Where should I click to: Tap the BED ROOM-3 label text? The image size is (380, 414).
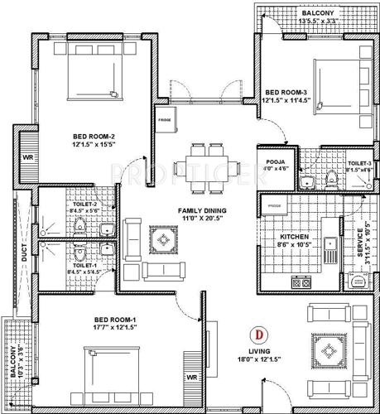(288, 92)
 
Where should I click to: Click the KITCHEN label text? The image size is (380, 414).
(295, 236)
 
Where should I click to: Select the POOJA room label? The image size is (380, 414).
(275, 162)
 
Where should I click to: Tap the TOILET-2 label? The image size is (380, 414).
(84, 205)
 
